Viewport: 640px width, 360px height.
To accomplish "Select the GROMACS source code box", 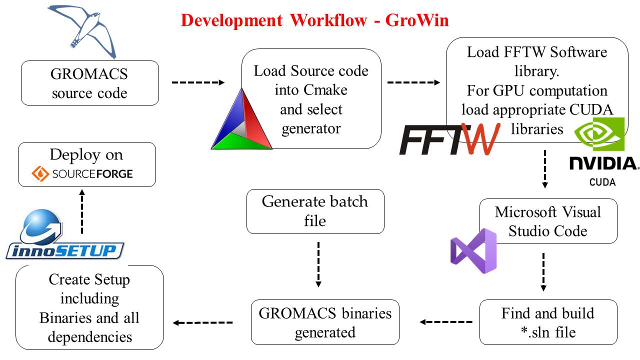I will [x=89, y=83].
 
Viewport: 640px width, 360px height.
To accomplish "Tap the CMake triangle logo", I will [x=241, y=120].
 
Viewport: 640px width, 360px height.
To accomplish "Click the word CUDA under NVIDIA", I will [x=602, y=182].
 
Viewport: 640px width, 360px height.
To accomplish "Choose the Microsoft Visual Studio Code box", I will [x=548, y=221].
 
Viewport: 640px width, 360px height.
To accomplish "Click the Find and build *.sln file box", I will [x=548, y=322].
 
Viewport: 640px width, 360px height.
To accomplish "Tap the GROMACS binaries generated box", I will [x=325, y=322].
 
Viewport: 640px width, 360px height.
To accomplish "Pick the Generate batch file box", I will [x=315, y=211].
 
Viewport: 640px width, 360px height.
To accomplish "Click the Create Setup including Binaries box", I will [x=89, y=307].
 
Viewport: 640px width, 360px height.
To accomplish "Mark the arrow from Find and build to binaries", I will [x=446, y=322].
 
